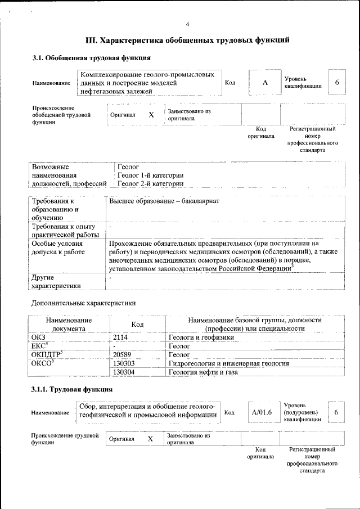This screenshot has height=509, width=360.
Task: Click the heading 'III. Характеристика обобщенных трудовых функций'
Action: (187, 40)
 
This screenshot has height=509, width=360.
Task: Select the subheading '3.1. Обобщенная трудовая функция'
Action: (91, 58)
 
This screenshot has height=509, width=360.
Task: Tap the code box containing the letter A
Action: (264, 83)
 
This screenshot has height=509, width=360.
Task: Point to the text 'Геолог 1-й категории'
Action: (150, 175)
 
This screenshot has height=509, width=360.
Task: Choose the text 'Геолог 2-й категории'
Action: (150, 183)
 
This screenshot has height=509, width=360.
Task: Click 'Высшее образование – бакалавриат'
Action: (164, 201)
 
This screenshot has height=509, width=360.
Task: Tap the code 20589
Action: (123, 355)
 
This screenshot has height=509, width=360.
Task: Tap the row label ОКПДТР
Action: (48, 354)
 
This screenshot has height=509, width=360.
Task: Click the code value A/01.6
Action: (262, 413)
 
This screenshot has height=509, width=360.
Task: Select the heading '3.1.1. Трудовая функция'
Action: (72, 389)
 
